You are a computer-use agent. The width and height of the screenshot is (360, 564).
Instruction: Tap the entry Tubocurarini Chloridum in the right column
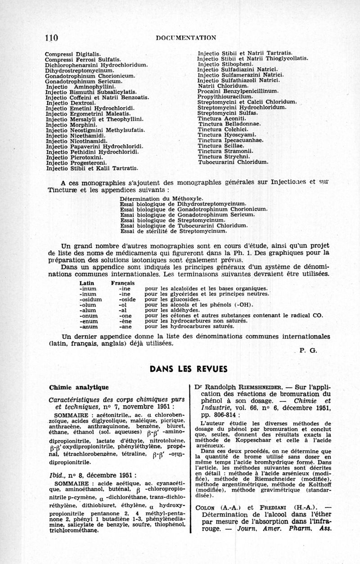(x=234, y=162)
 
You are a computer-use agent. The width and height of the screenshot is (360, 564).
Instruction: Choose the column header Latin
(x=86, y=282)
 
